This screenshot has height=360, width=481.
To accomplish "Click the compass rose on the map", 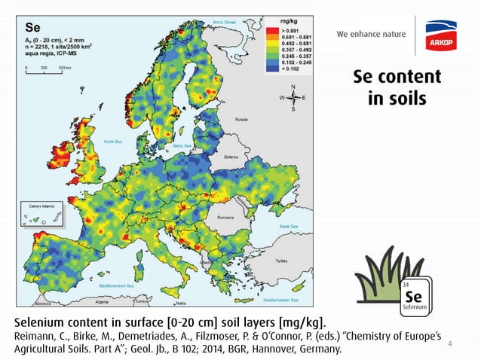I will point(293,98).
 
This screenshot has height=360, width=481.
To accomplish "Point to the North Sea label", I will point(113,141).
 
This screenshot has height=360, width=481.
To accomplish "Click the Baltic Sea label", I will point(183,145).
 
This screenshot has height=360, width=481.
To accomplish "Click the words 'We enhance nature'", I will point(371,34).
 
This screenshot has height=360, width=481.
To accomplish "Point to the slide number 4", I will point(450,344).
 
